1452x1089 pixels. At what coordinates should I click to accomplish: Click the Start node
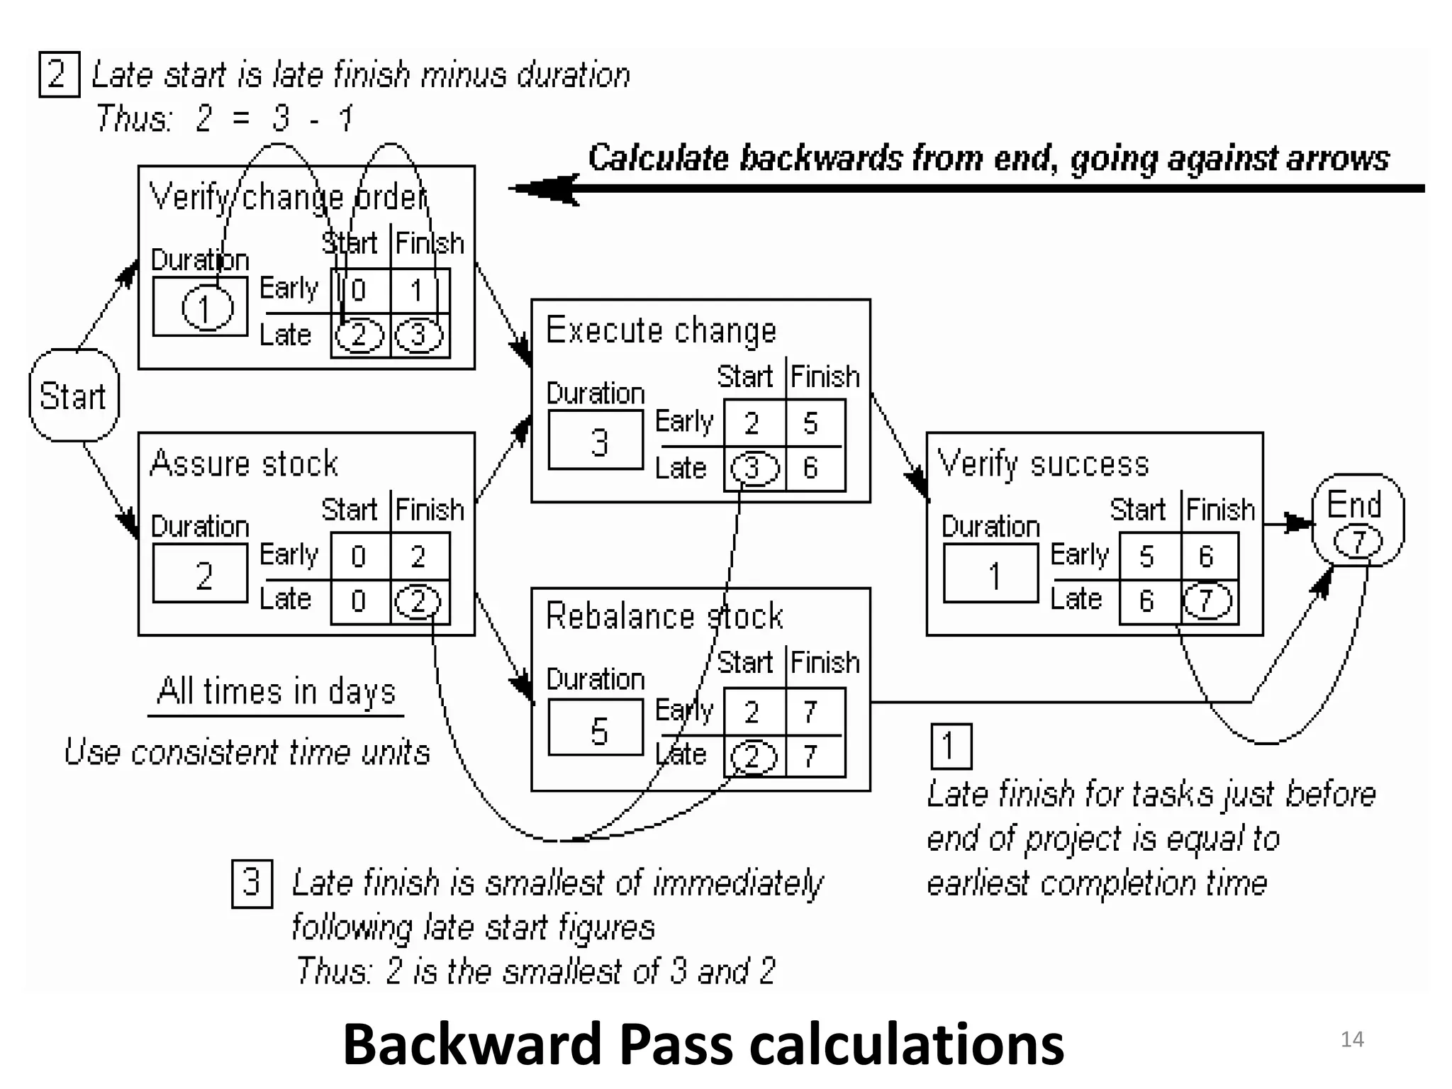click(74, 395)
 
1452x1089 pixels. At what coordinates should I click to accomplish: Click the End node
click(1357, 520)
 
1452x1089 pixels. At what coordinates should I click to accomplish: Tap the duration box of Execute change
click(596, 440)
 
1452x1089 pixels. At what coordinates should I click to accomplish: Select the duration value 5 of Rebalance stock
click(599, 730)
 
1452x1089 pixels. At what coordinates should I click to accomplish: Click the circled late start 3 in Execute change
click(754, 468)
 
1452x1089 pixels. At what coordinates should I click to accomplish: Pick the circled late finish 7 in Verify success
click(1207, 601)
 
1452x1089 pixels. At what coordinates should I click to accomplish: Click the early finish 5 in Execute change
click(811, 423)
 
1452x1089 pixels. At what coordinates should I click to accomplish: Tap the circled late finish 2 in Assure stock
click(418, 601)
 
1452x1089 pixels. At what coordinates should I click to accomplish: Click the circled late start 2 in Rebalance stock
click(753, 756)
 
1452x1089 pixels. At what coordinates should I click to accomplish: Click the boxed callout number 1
click(950, 746)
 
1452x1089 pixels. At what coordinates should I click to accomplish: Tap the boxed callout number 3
click(252, 883)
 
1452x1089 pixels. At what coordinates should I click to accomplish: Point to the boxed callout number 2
click(58, 74)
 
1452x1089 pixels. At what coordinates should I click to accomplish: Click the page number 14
click(1352, 1039)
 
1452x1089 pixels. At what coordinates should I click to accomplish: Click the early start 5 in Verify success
click(1146, 557)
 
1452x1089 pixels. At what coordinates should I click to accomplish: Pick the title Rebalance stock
click(664, 615)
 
